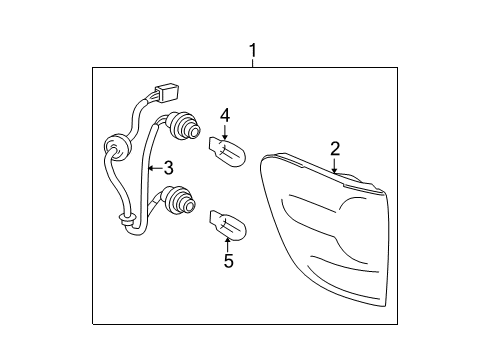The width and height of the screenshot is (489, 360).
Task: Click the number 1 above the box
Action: click(253, 50)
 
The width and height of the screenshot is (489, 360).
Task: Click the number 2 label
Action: click(335, 149)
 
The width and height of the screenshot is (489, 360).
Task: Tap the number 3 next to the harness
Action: click(169, 167)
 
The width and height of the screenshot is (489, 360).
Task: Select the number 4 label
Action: click(225, 115)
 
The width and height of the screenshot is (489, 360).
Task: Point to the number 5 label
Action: click(229, 261)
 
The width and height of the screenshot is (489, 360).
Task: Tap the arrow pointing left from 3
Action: click(153, 168)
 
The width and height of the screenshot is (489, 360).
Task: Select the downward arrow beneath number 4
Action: click(225, 134)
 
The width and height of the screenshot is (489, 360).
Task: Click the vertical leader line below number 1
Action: click(253, 64)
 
